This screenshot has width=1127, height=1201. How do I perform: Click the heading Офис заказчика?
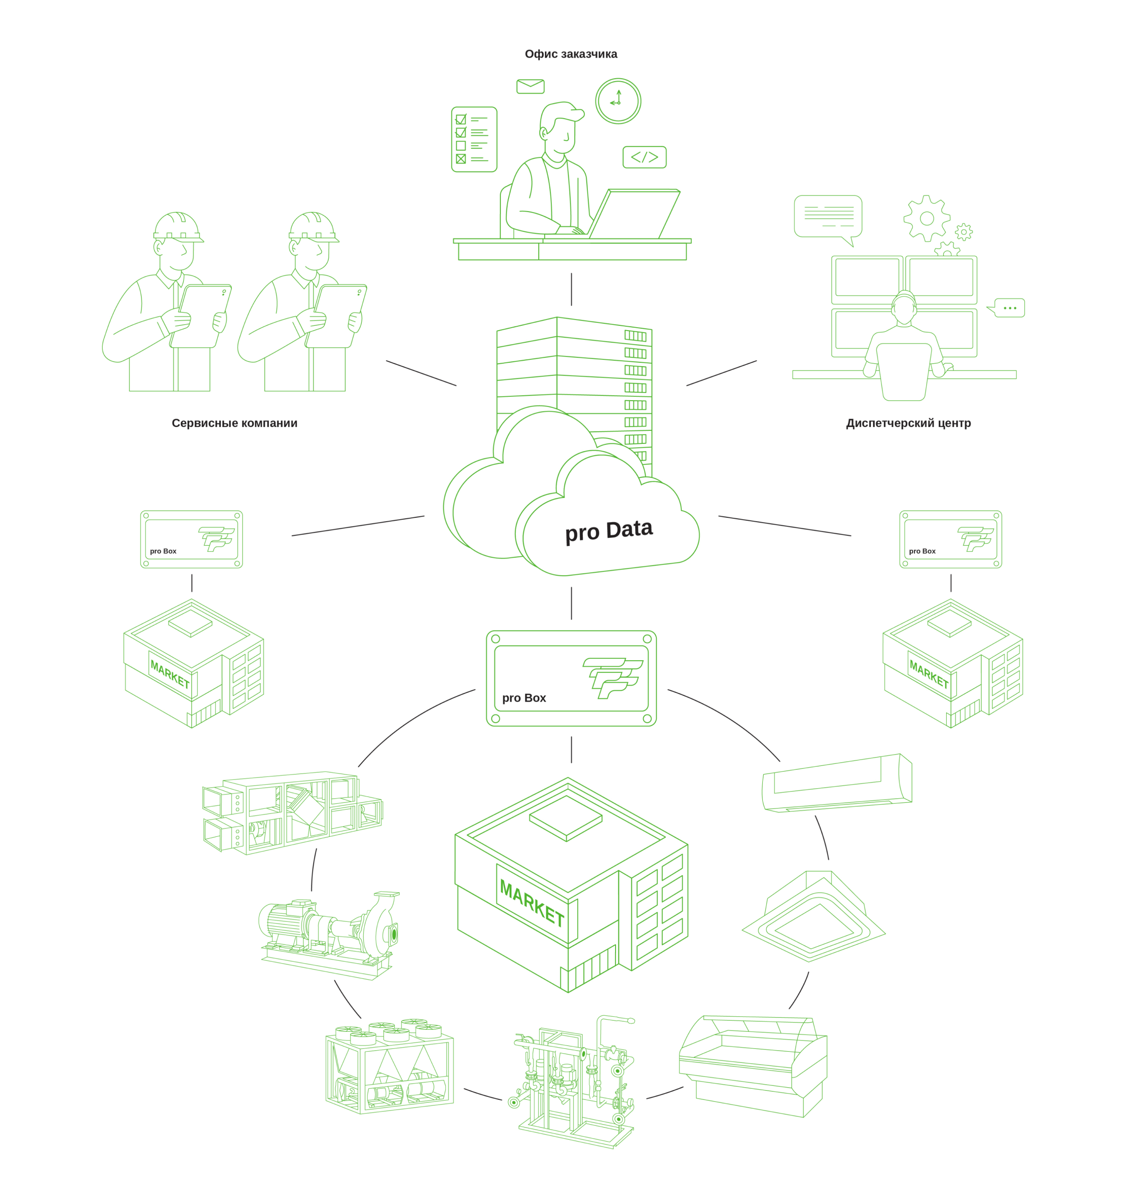coord(570,54)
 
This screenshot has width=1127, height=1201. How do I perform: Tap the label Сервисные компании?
coord(234,423)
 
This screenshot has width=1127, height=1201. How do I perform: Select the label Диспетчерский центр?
coord(908,423)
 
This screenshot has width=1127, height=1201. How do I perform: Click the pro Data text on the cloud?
coord(608,531)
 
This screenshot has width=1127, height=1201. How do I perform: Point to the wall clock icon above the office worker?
coord(617,101)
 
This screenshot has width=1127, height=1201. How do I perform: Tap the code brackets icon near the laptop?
coord(644,157)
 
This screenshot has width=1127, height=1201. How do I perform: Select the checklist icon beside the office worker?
coord(474,140)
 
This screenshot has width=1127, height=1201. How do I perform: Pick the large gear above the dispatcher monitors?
coord(926,219)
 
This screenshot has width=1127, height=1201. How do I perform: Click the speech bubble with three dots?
coord(1009,308)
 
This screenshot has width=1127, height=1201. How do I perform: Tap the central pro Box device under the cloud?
coord(571,678)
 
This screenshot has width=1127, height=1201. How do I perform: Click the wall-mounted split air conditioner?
coord(836,783)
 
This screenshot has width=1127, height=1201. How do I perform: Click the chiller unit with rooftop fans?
coord(389,1066)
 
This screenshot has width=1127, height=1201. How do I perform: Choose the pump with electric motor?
coord(329,934)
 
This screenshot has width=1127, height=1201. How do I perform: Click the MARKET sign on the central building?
coord(531,903)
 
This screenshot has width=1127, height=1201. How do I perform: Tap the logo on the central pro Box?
coord(612,677)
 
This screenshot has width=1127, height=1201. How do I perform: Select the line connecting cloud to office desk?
coord(571,289)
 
